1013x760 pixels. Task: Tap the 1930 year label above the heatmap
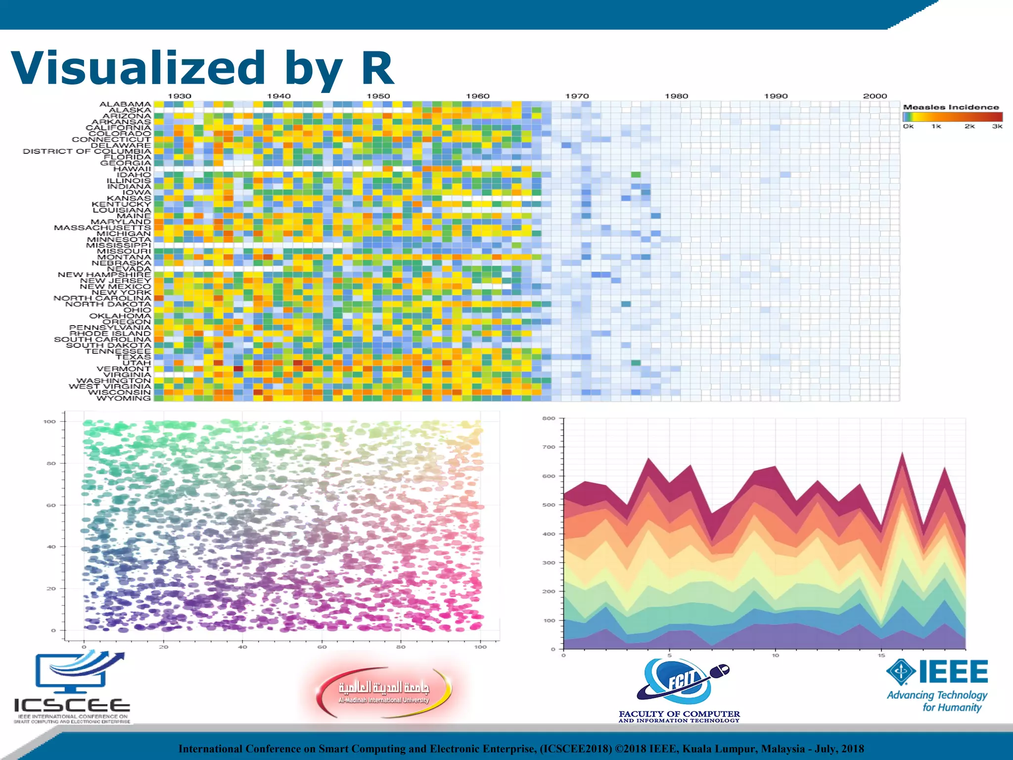179,96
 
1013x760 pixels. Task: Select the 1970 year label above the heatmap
577,96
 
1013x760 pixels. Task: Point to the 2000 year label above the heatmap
875,96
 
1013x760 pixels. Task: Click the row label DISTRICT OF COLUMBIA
87,151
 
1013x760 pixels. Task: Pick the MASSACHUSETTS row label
102,228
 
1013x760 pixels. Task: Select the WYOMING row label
123,398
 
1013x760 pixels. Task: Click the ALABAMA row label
125,104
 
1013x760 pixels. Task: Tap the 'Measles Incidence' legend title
951,107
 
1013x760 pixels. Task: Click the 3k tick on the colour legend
997,127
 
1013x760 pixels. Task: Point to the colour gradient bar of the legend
952,117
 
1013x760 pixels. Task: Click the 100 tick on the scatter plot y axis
49,422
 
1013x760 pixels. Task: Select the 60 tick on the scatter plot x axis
322,647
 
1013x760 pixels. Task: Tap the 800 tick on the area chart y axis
549,419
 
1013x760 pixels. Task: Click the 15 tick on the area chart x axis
881,656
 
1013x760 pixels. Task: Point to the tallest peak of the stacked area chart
902,453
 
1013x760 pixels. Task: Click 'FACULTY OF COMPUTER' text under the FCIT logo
679,714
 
